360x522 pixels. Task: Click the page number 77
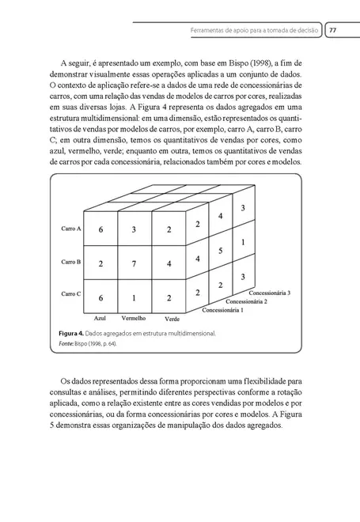(333, 30)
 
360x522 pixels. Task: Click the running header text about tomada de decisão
(255, 30)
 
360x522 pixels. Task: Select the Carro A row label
(71, 229)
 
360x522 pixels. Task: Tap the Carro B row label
(71, 262)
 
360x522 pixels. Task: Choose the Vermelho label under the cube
(134, 319)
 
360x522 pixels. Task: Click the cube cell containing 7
(135, 262)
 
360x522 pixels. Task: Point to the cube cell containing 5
(221, 251)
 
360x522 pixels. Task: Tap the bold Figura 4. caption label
(74, 334)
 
